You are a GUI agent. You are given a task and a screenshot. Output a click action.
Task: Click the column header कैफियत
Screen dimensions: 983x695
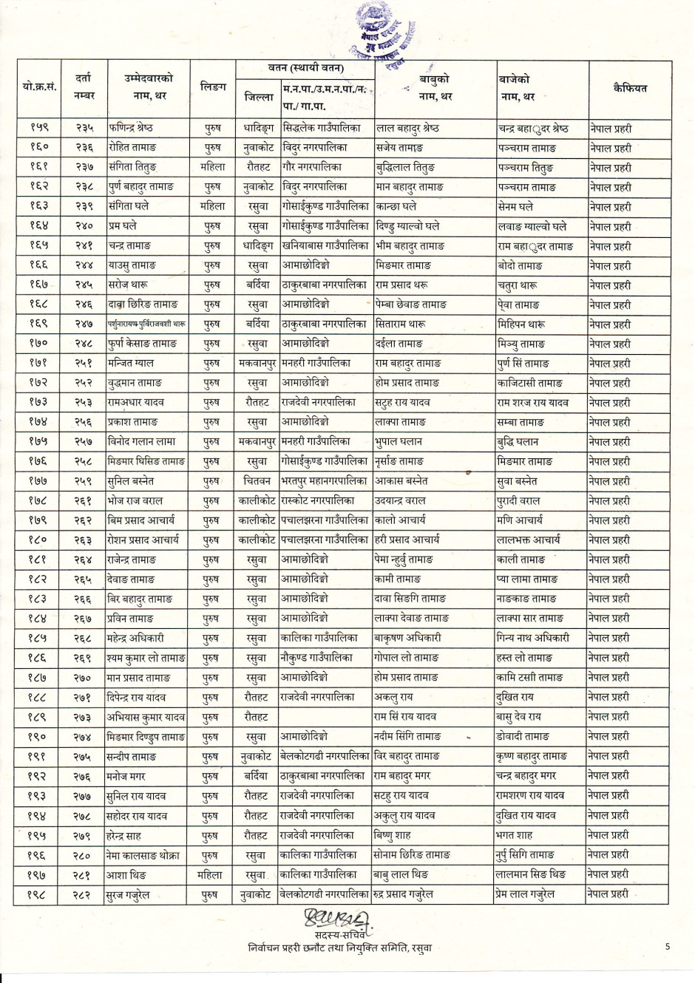coord(630,89)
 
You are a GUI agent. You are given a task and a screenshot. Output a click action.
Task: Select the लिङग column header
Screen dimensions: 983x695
coord(213,88)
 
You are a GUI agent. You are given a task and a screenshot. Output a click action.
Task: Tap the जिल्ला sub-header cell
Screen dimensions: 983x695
coord(258,97)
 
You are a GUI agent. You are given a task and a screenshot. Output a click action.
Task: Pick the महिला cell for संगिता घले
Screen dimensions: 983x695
coord(213,207)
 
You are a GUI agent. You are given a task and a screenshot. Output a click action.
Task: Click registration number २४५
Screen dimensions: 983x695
coord(84,285)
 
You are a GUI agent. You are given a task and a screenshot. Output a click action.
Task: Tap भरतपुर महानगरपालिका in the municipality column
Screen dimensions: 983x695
coord(324,481)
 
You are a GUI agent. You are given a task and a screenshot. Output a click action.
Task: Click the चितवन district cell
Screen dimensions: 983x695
coord(257,481)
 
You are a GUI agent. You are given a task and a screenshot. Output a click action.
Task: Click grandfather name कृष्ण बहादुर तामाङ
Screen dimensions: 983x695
coord(532,756)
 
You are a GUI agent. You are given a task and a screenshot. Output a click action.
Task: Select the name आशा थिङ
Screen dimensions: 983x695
coord(126,874)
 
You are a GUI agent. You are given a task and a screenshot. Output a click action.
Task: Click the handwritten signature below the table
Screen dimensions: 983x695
coord(336,920)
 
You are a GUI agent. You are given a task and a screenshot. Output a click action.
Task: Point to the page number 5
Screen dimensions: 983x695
coord(668,946)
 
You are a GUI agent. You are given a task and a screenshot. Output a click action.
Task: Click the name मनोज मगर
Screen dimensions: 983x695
coord(126,776)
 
